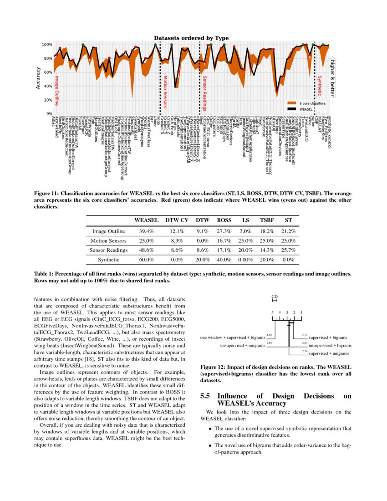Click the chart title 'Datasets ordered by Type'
point(191,38)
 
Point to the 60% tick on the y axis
point(46,72)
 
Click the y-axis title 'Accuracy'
point(38,78)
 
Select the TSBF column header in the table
point(266,220)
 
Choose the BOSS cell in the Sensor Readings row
point(224,250)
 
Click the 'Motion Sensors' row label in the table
point(109,240)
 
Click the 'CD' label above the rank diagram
point(274,297)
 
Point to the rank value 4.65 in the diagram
point(269,335)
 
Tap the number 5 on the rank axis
point(272,312)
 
